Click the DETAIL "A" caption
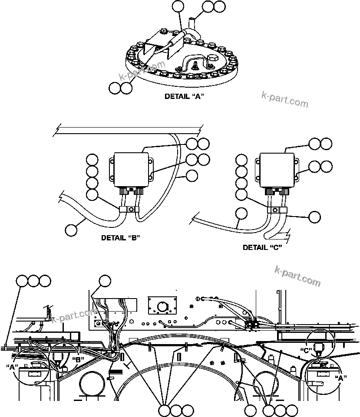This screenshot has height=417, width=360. [184, 96]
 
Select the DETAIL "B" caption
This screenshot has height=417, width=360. [120, 237]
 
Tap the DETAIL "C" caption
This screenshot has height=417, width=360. [262, 247]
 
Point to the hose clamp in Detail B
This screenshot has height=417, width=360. [129, 210]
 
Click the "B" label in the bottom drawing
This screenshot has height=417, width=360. [79, 359]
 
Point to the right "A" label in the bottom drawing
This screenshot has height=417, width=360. [342, 378]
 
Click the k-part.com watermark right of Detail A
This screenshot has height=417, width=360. [285, 99]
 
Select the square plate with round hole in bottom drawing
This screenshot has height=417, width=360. [163, 306]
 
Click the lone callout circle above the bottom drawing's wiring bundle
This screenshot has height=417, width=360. [105, 281]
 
